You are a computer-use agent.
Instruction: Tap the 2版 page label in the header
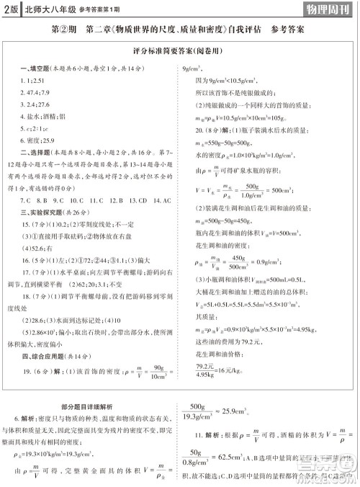10,9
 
